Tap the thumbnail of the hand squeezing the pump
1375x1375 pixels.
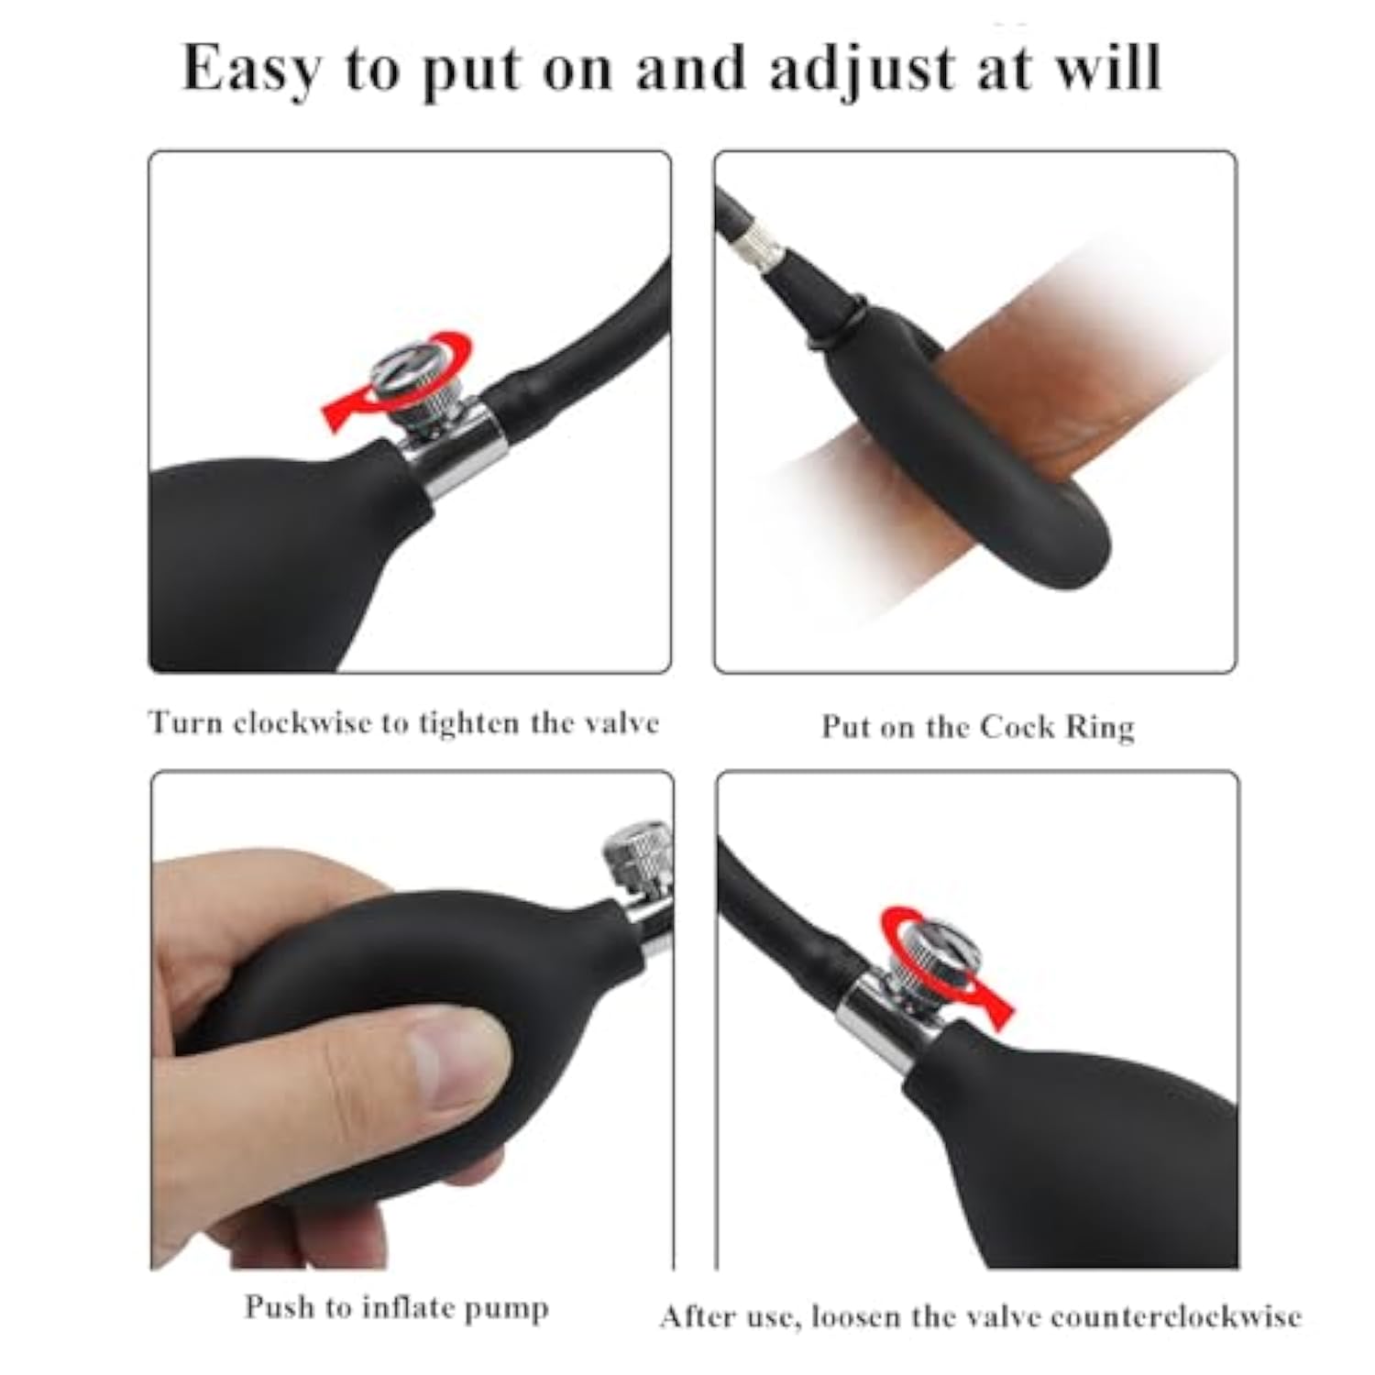[412, 1020]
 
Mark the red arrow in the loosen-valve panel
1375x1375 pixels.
[944, 962]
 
